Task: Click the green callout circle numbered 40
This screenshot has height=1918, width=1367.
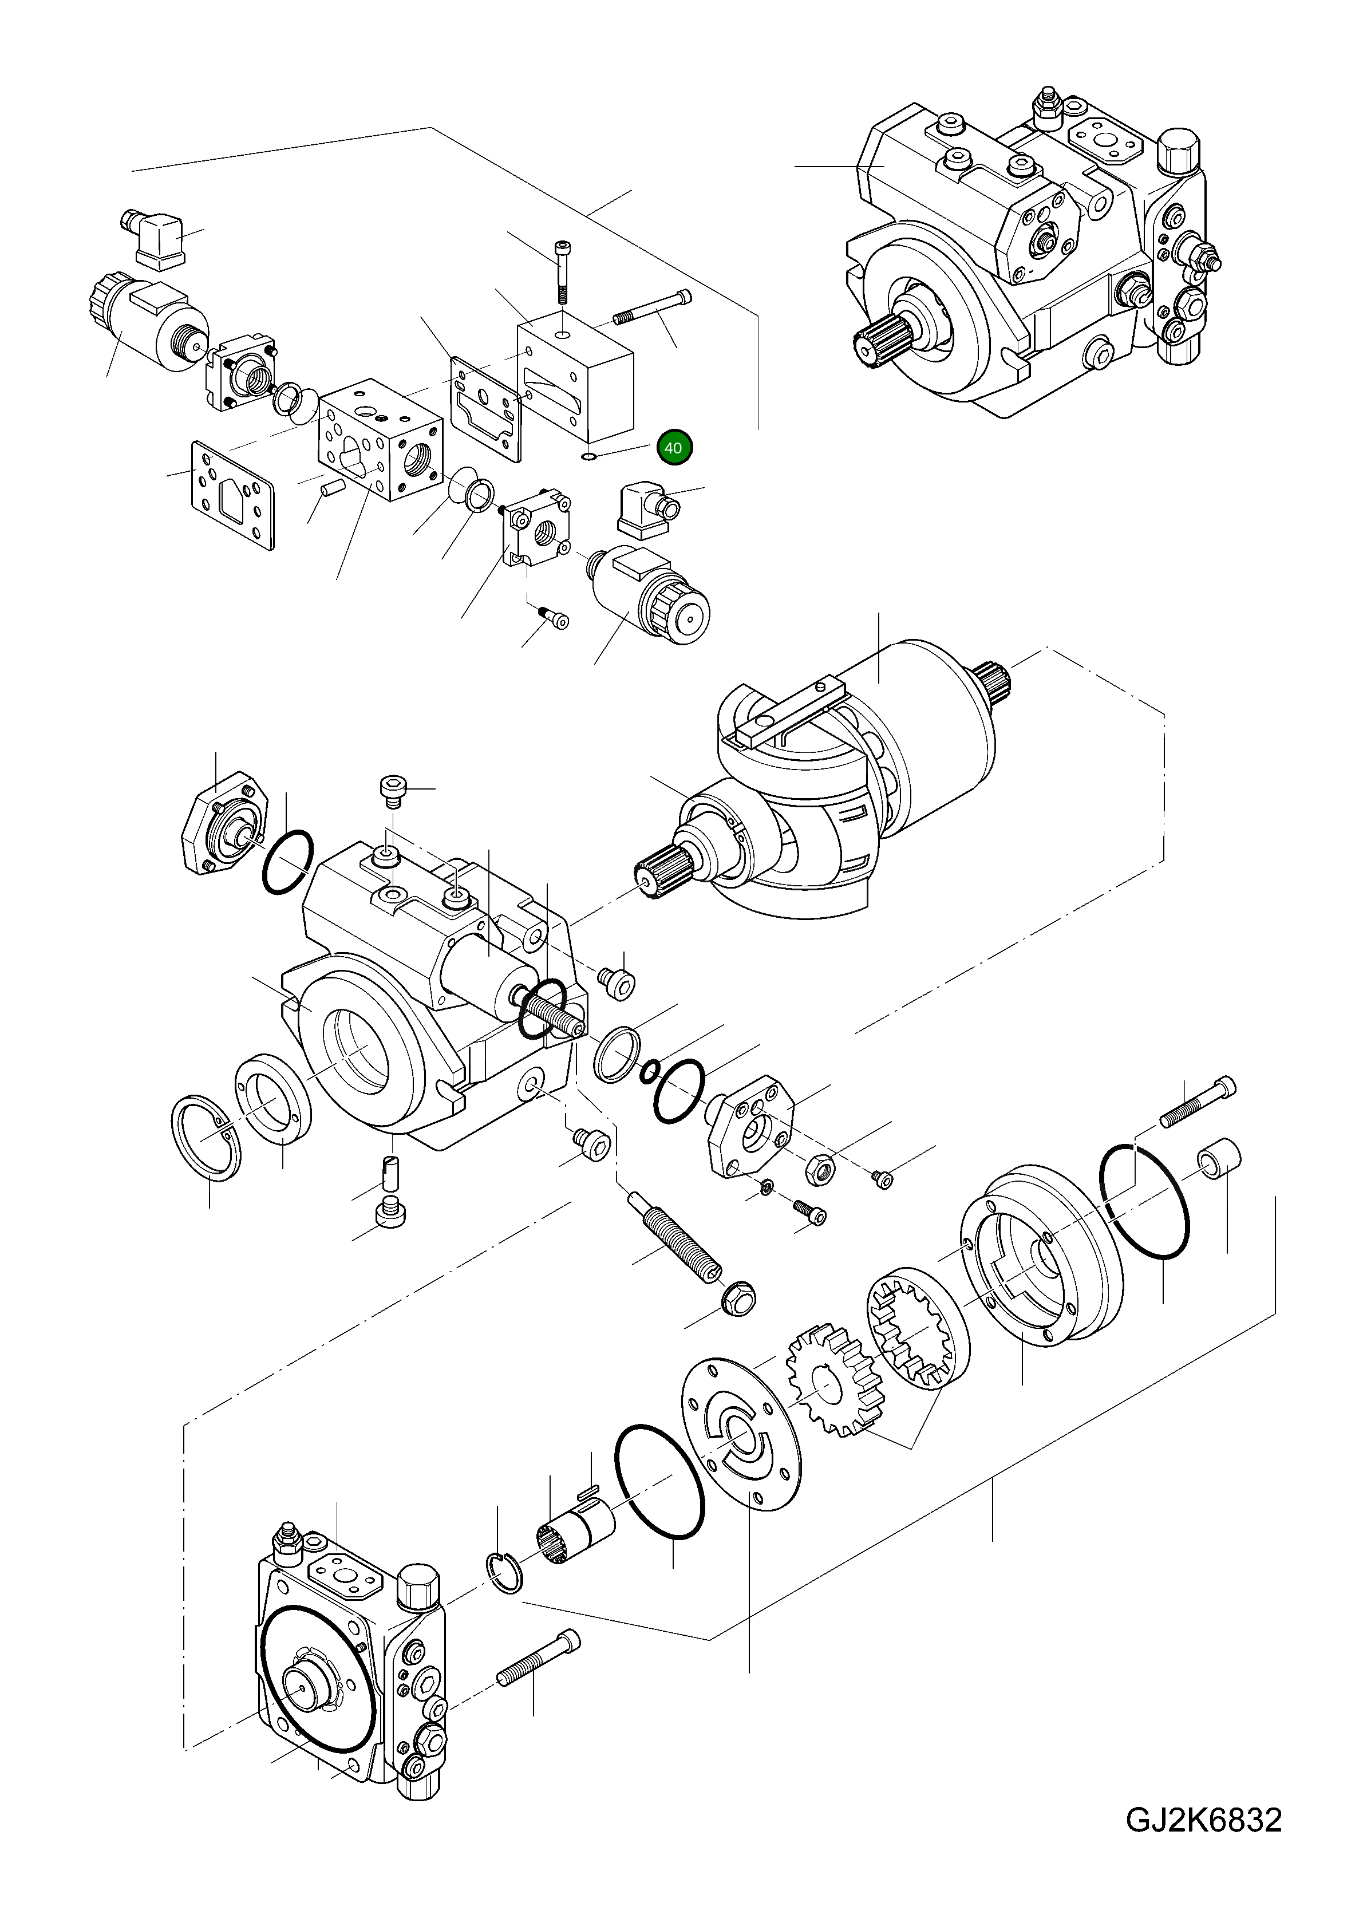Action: coord(673,448)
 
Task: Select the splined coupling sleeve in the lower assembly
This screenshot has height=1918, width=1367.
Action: coord(574,1533)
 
